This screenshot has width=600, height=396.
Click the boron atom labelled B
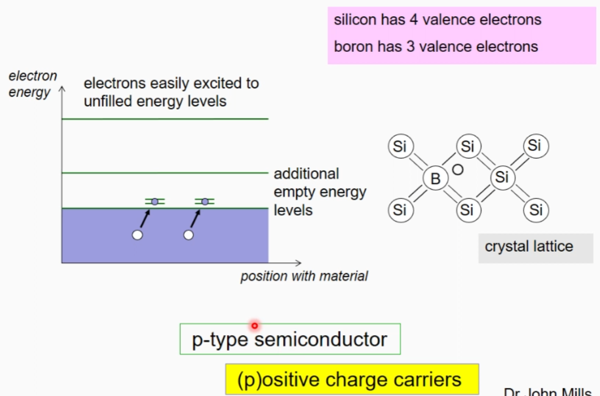click(435, 178)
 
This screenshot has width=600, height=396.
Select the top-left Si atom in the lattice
click(400, 147)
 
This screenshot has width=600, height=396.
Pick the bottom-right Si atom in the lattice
click(535, 209)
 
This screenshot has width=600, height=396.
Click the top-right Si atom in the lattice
click(534, 146)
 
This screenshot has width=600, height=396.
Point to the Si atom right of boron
click(502, 177)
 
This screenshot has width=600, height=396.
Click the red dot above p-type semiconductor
click(254, 325)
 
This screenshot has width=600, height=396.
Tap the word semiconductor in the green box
click(320, 340)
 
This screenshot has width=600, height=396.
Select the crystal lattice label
click(529, 247)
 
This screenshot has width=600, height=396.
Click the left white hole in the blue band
click(137, 235)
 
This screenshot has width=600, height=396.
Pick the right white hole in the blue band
click(188, 235)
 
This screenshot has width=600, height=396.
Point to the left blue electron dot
click(155, 202)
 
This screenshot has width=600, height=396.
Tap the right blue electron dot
click(205, 202)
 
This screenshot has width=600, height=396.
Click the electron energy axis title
click(32, 84)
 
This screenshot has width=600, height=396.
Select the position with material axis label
click(304, 277)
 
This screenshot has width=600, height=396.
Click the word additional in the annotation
click(306, 174)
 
